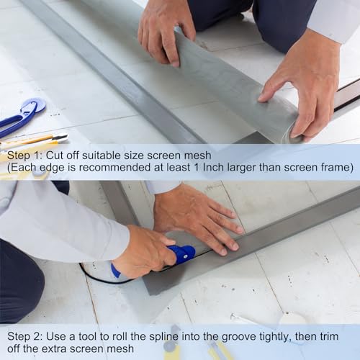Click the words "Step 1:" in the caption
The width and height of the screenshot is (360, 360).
[24, 156]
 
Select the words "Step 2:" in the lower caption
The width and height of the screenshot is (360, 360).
[24, 336]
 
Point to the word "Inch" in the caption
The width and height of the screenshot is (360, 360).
[213, 167]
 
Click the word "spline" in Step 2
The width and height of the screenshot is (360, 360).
[164, 337]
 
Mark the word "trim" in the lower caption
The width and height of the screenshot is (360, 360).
[328, 336]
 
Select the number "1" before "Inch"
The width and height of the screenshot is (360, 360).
[197, 167]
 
